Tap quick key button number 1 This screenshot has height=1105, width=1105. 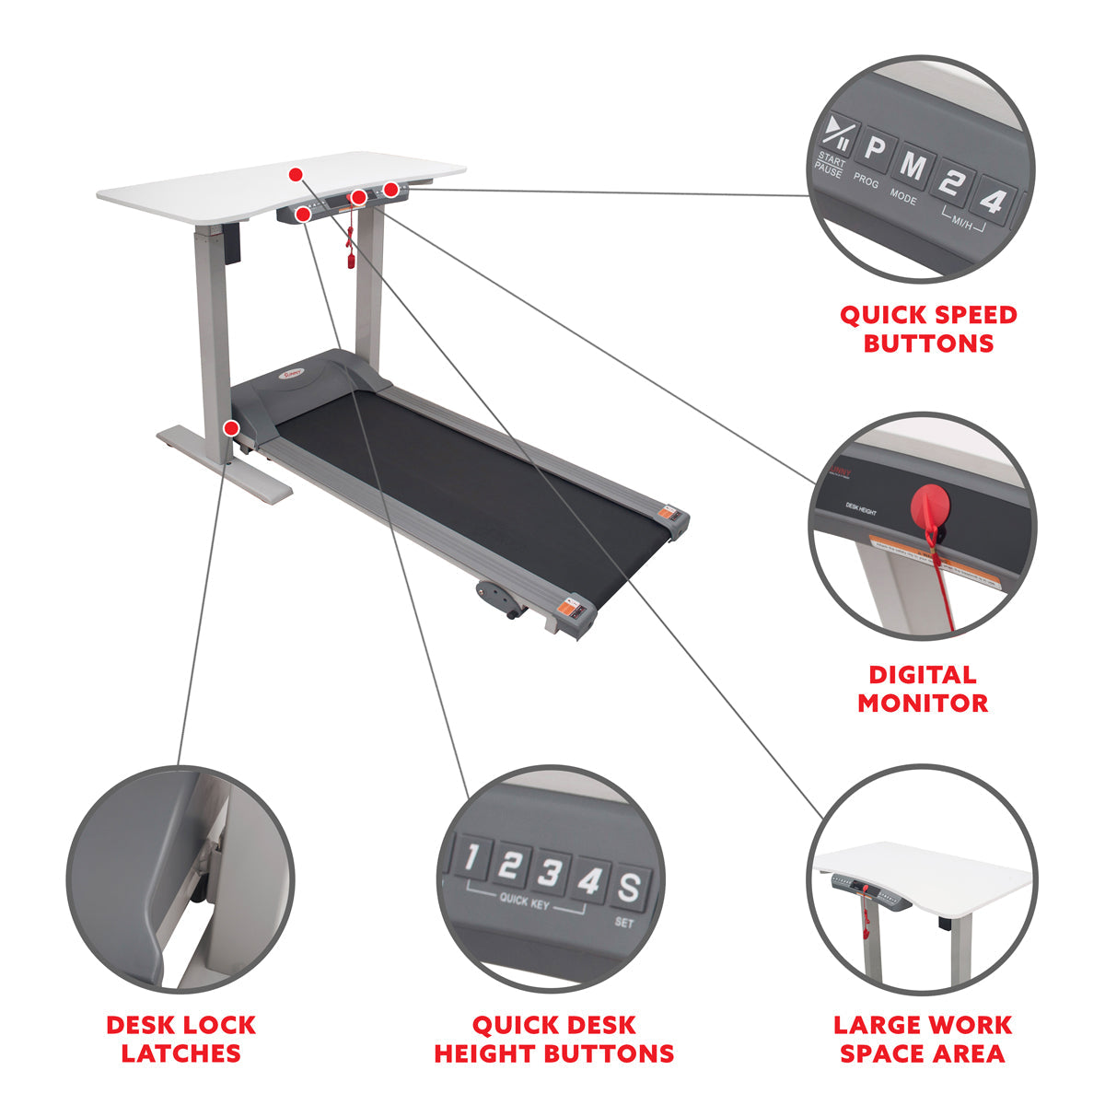[x=471, y=858]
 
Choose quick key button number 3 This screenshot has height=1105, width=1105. [x=548, y=873]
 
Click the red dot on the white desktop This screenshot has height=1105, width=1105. [x=295, y=173]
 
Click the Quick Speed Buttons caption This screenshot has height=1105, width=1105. [x=928, y=329]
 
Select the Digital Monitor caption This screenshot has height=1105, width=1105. [x=923, y=689]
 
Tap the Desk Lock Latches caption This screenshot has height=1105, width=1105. [x=181, y=1039]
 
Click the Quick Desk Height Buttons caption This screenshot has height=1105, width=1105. [x=553, y=1039]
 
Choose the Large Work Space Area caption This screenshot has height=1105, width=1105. [x=923, y=1039]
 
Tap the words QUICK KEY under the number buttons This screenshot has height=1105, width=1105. [x=525, y=900]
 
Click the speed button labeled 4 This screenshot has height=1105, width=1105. [x=992, y=198]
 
